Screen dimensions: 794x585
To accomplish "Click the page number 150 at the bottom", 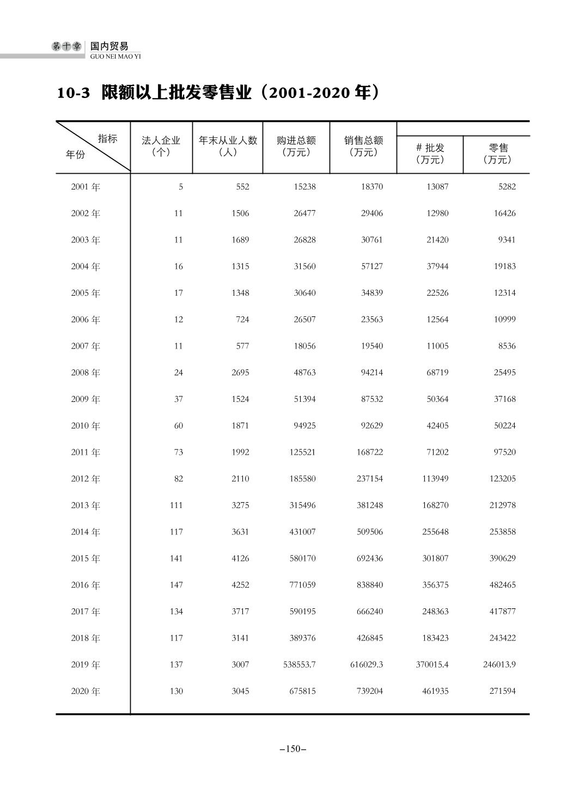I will coord(292,749).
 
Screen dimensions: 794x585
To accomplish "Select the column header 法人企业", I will coord(161,141).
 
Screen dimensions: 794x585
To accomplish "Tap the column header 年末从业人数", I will coord(228,141).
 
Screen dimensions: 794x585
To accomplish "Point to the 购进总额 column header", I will coord(296,141).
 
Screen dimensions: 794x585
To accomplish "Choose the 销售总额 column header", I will coord(363,141).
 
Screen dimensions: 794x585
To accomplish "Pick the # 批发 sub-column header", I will coord(430,148).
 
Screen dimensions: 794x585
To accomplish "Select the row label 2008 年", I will coord(86,372).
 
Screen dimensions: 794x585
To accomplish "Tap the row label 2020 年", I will coord(86,691).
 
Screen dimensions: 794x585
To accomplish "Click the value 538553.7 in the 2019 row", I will coord(300,664).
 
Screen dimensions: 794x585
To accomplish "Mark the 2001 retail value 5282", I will coord(507,187).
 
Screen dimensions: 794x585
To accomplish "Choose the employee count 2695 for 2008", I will coord(240,372).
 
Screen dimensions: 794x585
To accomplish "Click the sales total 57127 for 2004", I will coord(371,266).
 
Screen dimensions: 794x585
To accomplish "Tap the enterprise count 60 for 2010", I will coord(178,425).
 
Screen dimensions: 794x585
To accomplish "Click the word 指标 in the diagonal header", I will coord(107,139).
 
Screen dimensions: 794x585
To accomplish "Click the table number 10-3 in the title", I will coord(73,93).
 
